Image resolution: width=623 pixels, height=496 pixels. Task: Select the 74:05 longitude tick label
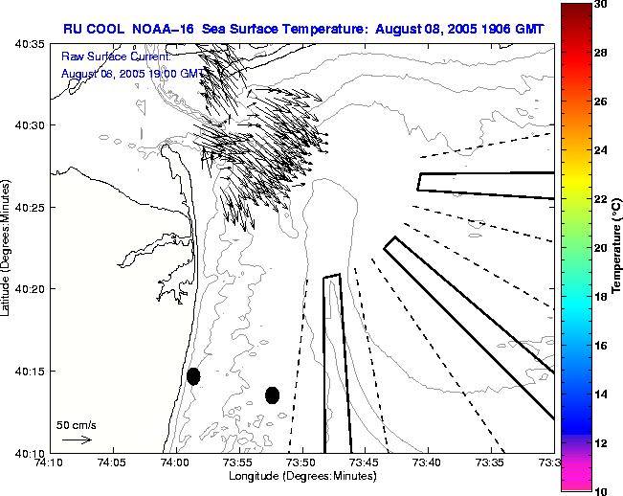(x=112, y=462)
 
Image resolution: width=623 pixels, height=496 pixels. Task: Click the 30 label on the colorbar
(x=601, y=5)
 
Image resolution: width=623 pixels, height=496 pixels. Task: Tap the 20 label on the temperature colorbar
(x=601, y=248)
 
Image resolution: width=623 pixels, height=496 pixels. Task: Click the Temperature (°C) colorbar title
(x=618, y=247)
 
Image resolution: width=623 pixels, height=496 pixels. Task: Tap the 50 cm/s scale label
(x=77, y=424)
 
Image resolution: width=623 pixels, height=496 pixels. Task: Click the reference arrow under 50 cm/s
(x=77, y=440)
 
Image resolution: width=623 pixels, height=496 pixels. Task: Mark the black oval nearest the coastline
(x=193, y=376)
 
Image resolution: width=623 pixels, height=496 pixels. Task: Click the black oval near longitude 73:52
(x=273, y=395)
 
